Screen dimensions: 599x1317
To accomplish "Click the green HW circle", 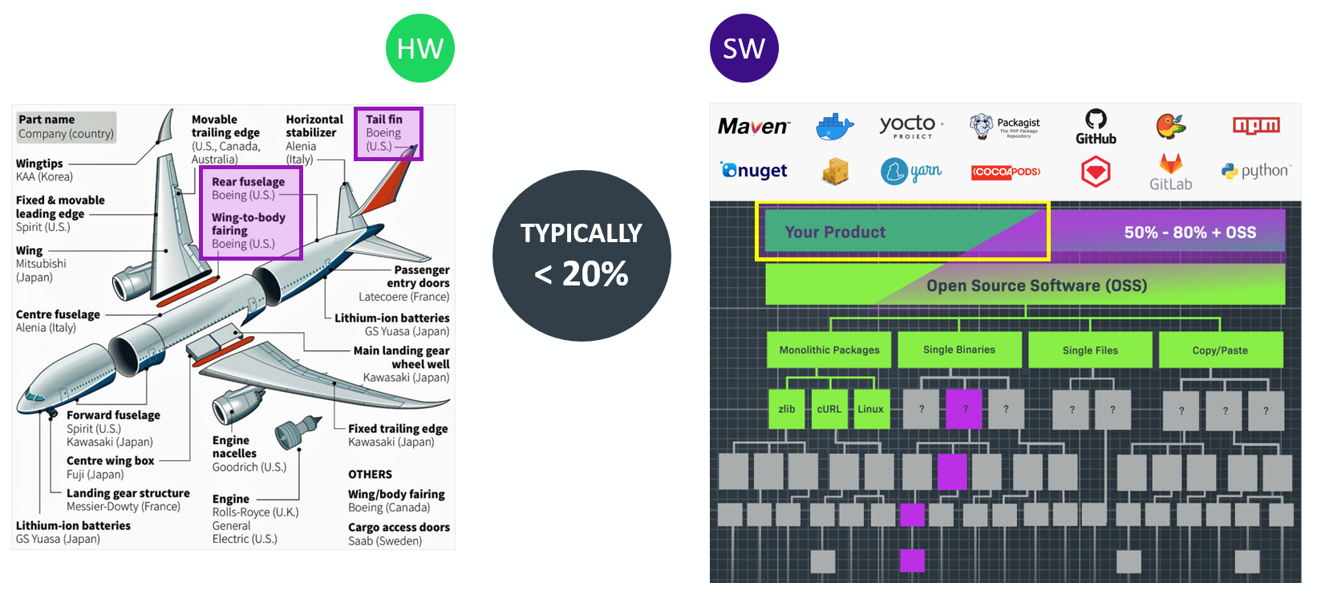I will point(419,48).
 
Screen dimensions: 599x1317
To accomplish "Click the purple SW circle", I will point(744,48).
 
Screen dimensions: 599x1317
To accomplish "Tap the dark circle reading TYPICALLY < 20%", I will point(582,255).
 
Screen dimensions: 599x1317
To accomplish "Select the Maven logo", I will point(753,126).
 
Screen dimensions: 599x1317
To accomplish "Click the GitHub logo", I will point(1096,127).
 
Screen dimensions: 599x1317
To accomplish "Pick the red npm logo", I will point(1256,125).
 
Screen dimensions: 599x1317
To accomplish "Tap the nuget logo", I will point(754,170).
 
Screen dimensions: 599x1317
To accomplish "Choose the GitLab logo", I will point(1170,172).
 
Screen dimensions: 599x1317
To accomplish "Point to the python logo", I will point(1256,171).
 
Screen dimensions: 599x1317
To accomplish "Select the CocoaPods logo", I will point(1006,172).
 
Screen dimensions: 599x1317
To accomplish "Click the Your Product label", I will point(835,232).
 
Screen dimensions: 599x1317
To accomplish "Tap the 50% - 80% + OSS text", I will point(1189,233).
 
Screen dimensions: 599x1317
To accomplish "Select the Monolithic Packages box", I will point(829,350).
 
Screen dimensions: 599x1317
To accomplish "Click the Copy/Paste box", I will point(1219,350).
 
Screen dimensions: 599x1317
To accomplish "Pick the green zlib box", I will point(787,409).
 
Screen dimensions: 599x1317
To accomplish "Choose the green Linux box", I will point(870,409).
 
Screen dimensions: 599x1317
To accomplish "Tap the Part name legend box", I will point(67,127).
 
